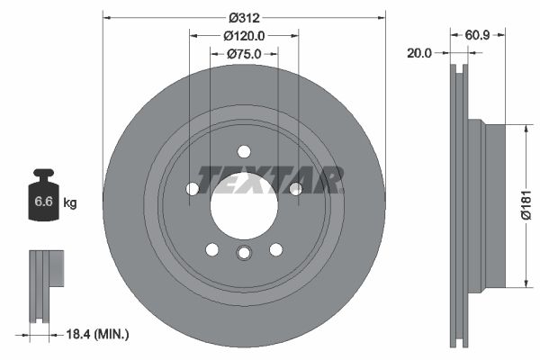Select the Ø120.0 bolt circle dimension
(244, 35)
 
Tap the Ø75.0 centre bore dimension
(244, 54)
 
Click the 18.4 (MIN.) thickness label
(98, 334)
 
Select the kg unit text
(70, 203)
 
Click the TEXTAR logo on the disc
(270, 179)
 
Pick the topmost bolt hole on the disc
(244, 151)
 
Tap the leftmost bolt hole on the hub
(193, 189)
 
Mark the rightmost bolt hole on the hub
(295, 188)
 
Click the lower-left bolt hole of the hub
(212, 249)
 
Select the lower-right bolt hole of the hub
(276, 249)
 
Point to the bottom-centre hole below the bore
(244, 253)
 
